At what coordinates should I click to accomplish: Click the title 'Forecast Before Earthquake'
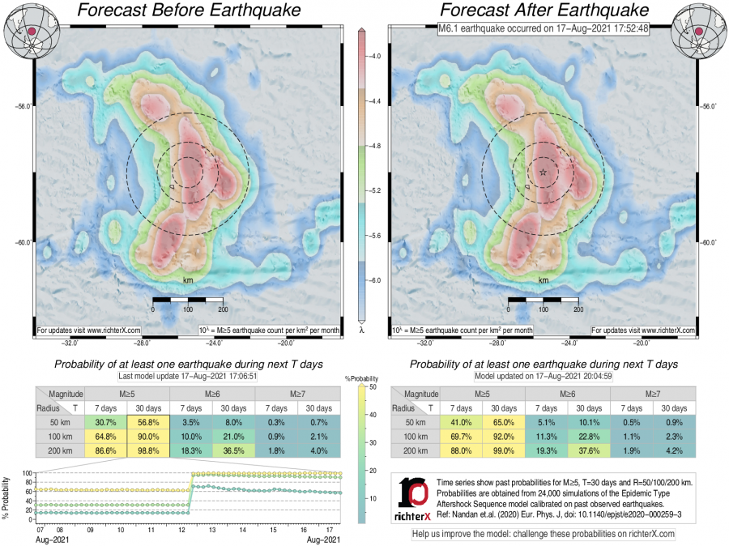(188, 11)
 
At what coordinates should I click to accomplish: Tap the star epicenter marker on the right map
(543, 172)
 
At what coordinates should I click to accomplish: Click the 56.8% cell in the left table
(148, 422)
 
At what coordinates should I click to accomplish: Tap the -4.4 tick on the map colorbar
(376, 102)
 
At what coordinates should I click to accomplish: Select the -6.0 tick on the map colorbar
(376, 280)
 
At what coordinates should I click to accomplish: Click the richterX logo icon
(414, 496)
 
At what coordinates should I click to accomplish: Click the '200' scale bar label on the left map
(221, 309)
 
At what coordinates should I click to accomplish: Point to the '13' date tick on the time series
(211, 529)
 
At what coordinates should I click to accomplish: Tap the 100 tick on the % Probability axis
(26, 473)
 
